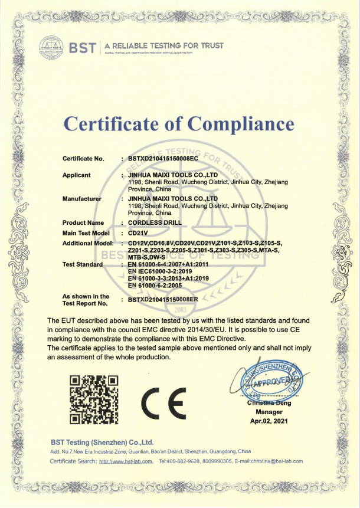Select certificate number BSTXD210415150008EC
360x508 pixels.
coord(163,159)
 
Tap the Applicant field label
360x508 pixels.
coord(76,175)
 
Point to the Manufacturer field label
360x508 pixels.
coord(81,199)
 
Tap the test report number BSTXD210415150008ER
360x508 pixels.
coord(163,300)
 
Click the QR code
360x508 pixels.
coord(94,399)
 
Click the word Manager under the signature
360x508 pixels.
coord(268,412)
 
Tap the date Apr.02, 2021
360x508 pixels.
coord(268,421)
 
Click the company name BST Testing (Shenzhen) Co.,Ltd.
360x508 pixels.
coord(102,442)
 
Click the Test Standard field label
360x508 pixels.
coord(83,264)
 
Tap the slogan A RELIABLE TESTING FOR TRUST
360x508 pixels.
coord(165,45)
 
